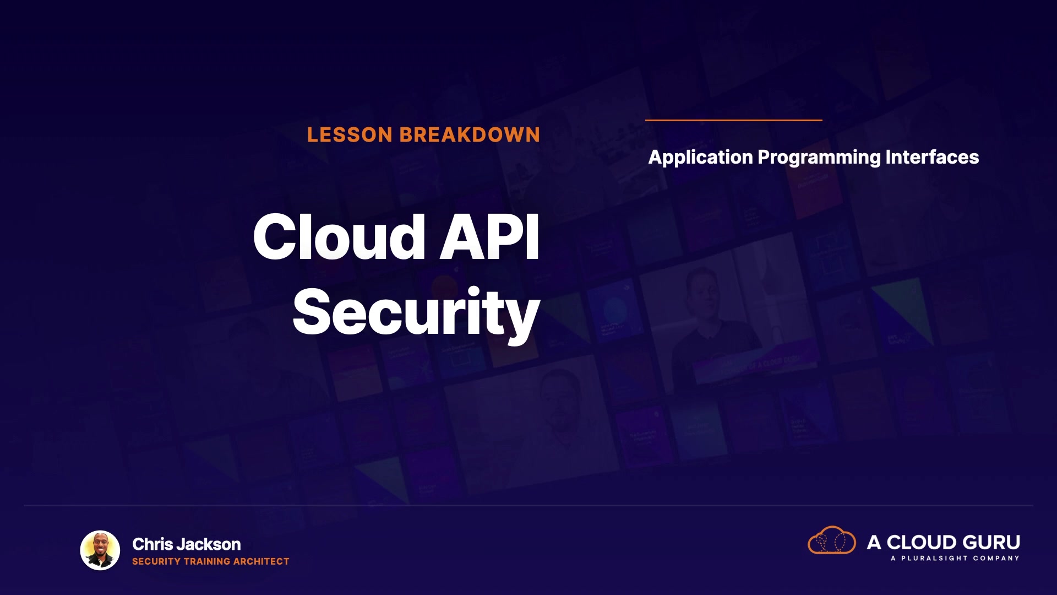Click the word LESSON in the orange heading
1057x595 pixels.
click(x=350, y=135)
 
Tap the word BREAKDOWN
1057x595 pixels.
click(x=470, y=135)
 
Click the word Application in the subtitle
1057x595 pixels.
click(x=700, y=158)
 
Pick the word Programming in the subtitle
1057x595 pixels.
click(x=819, y=158)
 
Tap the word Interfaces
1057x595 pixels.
click(x=932, y=157)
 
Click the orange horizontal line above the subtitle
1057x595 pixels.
click(x=734, y=120)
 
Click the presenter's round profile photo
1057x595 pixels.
click(x=100, y=550)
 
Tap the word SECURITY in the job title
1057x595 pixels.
click(x=156, y=561)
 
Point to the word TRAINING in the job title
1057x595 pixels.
click(x=207, y=561)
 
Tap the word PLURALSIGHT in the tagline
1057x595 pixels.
click(x=934, y=558)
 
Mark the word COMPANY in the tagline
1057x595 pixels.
click(x=996, y=558)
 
